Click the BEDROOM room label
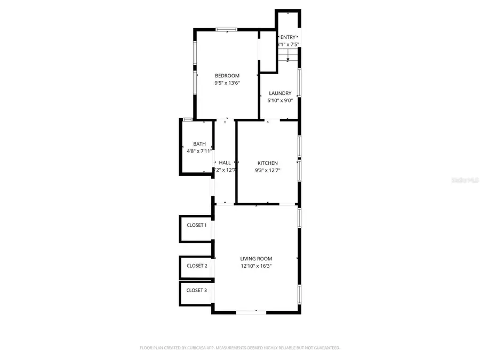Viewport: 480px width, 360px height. tap(227, 76)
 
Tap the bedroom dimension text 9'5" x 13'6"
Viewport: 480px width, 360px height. tap(227, 83)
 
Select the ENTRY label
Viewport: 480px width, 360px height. tap(288, 37)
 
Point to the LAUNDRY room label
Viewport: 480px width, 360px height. tap(280, 93)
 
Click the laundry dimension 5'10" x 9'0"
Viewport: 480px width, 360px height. tap(280, 100)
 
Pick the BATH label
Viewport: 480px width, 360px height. tap(199, 144)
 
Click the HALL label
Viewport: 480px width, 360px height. tap(225, 163)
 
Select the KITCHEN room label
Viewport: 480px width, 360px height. tap(268, 163)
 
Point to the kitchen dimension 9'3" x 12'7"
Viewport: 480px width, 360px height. tap(268, 170)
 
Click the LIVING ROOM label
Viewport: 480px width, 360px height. tap(257, 259)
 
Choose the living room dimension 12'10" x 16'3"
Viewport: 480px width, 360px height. tap(257, 266)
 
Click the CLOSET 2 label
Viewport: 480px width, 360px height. tap(197, 266)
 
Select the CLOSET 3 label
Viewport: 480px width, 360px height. tap(197, 290)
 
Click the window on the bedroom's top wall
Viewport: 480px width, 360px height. tap(227, 29)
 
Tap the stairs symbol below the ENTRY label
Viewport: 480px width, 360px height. tap(288, 57)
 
